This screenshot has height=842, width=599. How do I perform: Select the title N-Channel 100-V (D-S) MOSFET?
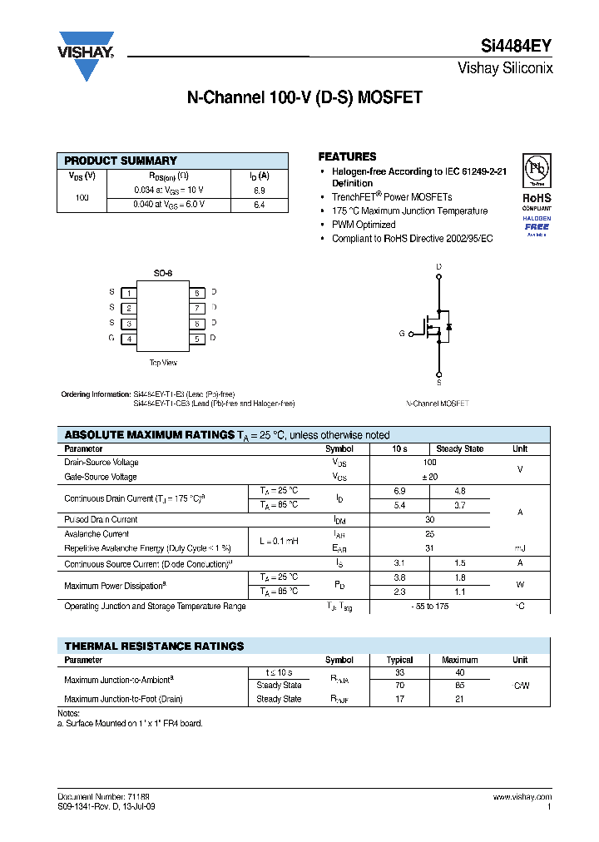click(x=304, y=97)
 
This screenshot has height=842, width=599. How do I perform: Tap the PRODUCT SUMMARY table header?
click(x=121, y=161)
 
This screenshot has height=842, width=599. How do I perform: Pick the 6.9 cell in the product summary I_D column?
click(x=259, y=191)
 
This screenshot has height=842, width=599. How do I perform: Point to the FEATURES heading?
click(x=347, y=156)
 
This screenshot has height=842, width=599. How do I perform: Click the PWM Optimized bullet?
click(x=364, y=225)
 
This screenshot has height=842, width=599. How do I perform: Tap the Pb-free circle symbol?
click(x=537, y=170)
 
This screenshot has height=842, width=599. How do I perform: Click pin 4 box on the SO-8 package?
click(x=129, y=339)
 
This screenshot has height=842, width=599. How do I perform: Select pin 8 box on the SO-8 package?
click(x=197, y=293)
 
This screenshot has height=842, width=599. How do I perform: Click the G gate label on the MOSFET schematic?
click(x=401, y=333)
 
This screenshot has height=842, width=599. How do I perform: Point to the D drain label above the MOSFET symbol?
click(x=438, y=266)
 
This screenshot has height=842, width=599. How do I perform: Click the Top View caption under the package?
click(x=163, y=363)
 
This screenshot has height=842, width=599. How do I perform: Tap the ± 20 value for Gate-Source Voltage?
click(x=429, y=477)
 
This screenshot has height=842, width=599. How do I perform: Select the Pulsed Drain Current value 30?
click(x=429, y=519)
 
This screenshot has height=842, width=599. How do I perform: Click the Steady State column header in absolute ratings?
click(x=459, y=449)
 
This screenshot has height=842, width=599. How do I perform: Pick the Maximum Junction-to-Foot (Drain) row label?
click(x=123, y=700)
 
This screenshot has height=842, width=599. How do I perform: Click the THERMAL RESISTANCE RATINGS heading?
click(x=154, y=646)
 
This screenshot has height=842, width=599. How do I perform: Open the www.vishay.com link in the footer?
click(x=522, y=797)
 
